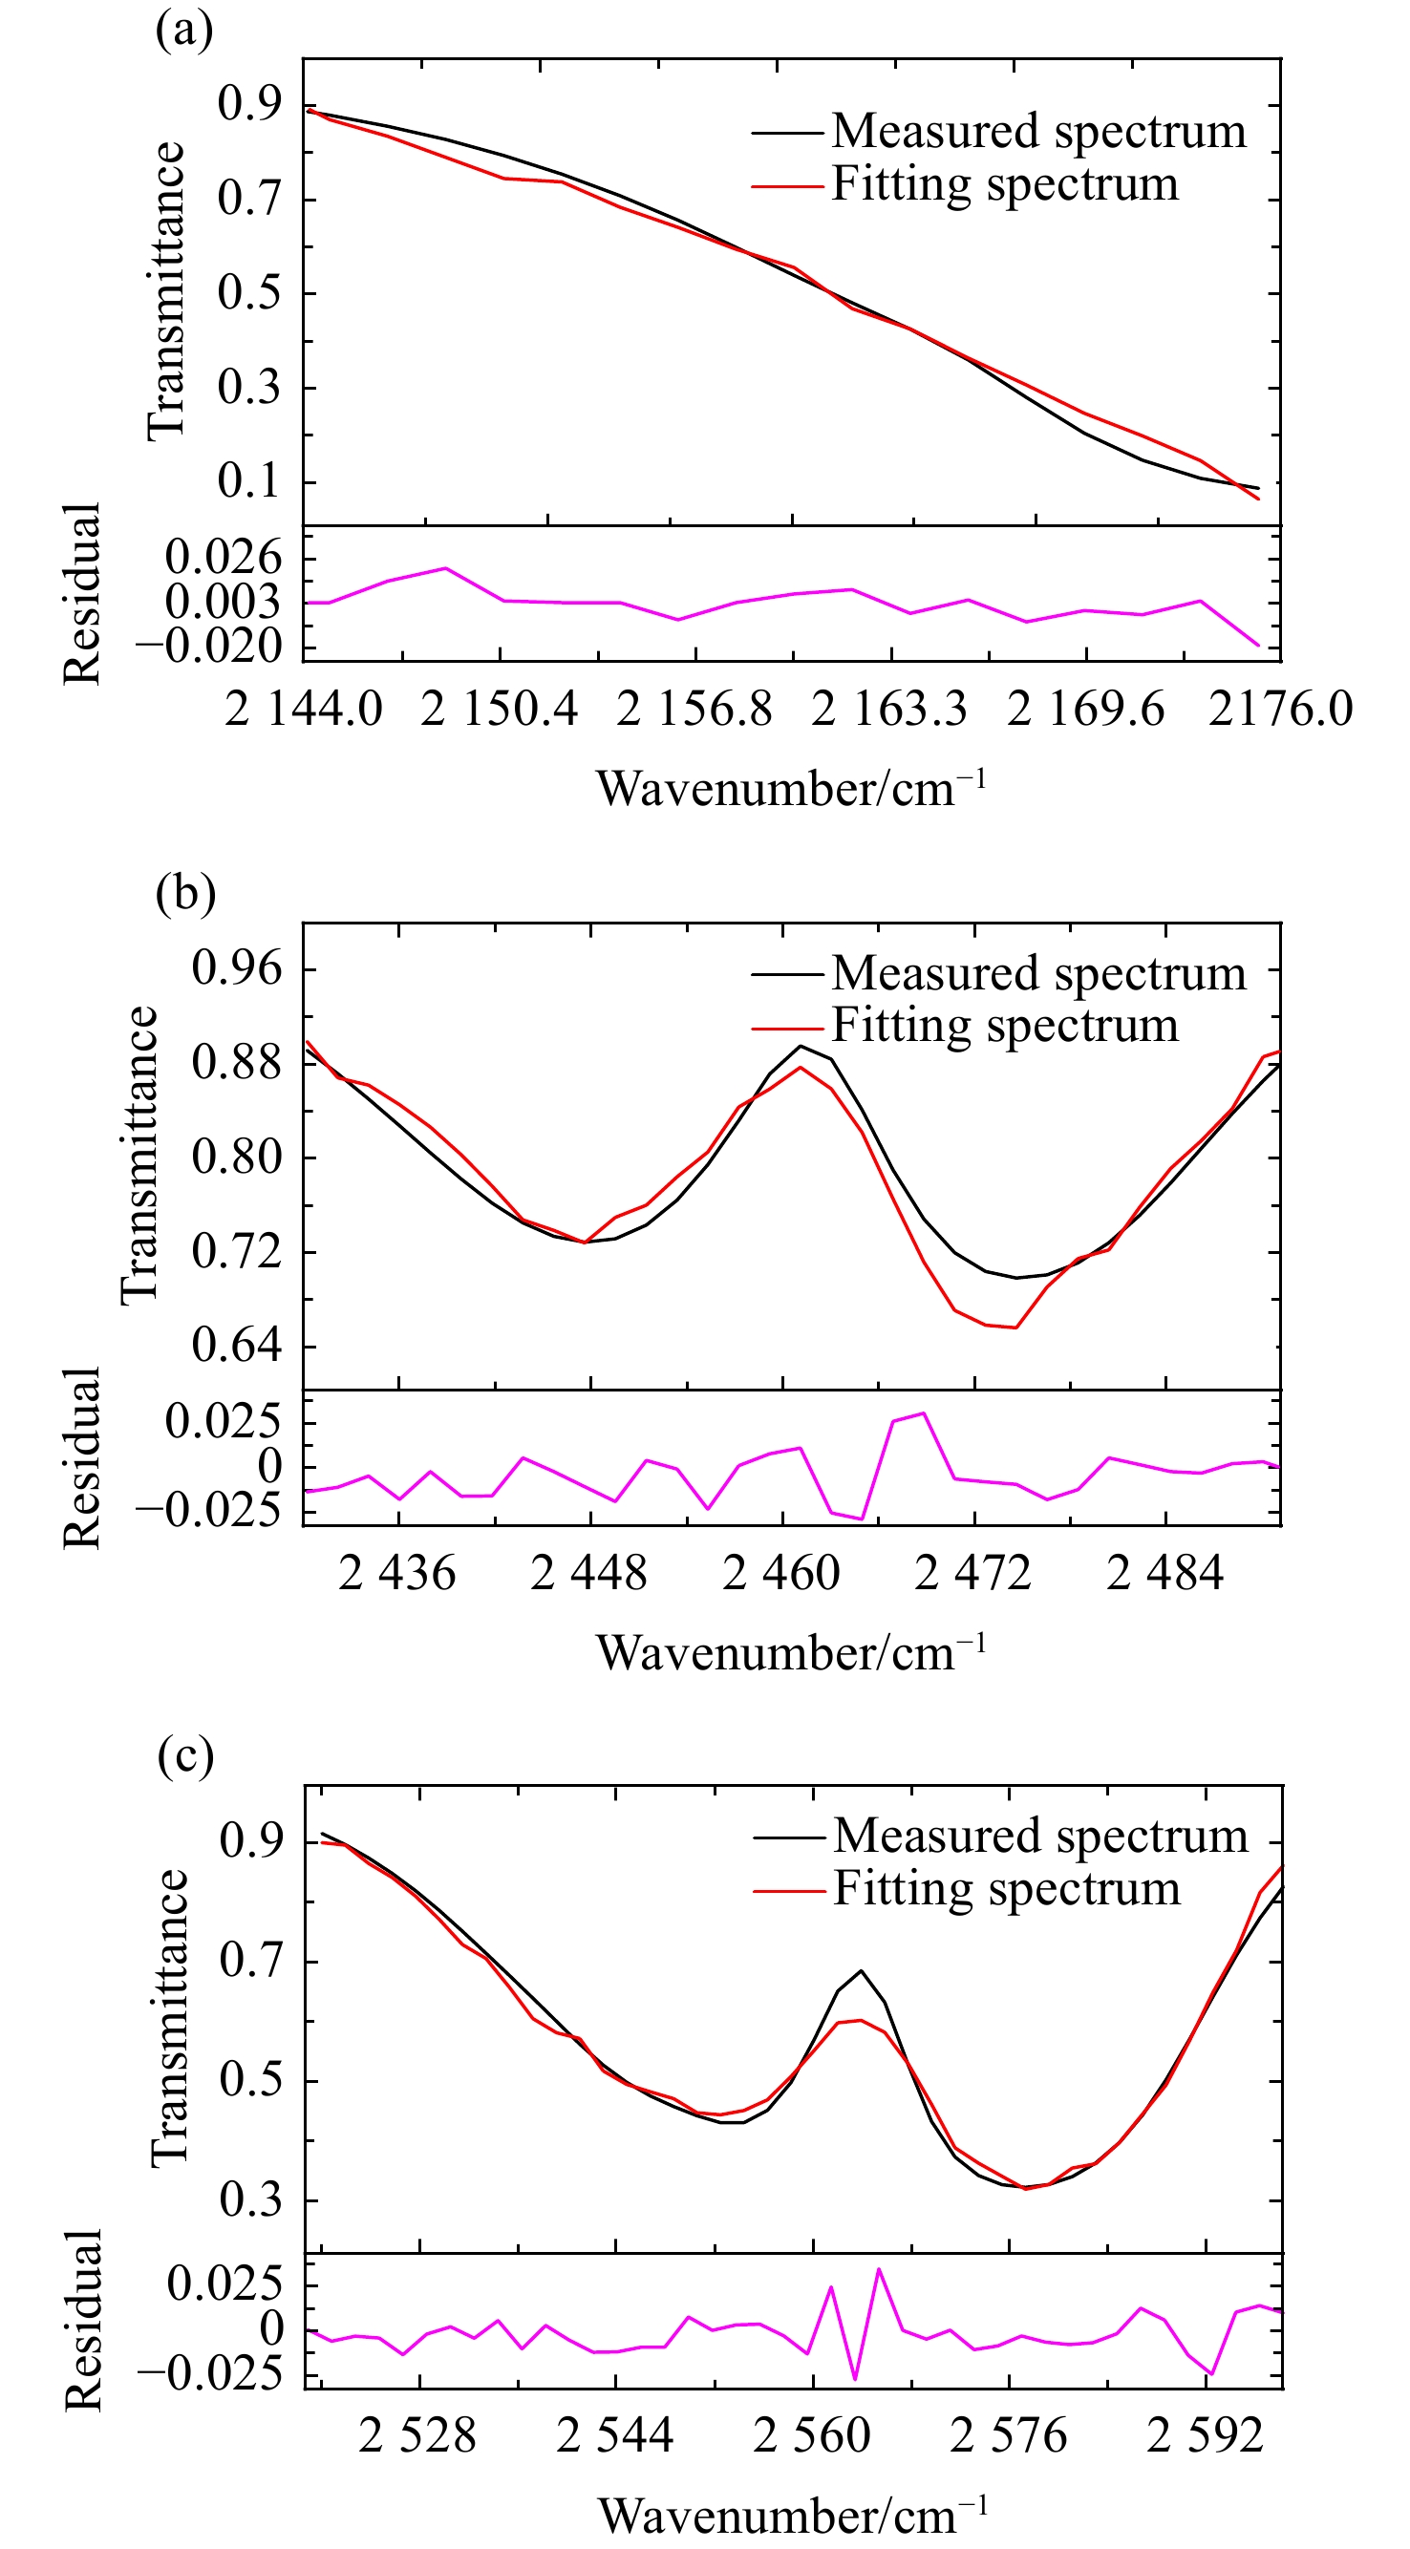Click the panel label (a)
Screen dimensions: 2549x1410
click(x=184, y=31)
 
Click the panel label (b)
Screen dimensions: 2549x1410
click(x=185, y=893)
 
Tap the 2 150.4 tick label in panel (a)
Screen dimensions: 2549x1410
click(x=499, y=710)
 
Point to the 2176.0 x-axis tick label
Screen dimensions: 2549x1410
click(x=1280, y=710)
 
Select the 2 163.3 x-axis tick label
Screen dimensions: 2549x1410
click(x=889, y=710)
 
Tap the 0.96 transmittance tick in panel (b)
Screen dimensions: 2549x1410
click(x=238, y=967)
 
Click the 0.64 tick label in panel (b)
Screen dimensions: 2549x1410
click(x=238, y=1345)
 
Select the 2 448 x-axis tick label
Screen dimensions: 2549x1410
click(x=588, y=1572)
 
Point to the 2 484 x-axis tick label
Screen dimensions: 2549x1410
click(x=1165, y=1572)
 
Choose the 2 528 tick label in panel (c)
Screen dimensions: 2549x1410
click(x=417, y=2436)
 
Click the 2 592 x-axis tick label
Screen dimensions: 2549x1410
click(x=1207, y=2436)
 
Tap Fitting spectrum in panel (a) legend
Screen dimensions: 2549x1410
click(x=1004, y=184)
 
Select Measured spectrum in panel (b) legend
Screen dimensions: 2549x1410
click(x=1039, y=974)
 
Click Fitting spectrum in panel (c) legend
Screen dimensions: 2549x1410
click(x=1006, y=1889)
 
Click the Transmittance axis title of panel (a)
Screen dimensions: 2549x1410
click(x=166, y=291)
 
